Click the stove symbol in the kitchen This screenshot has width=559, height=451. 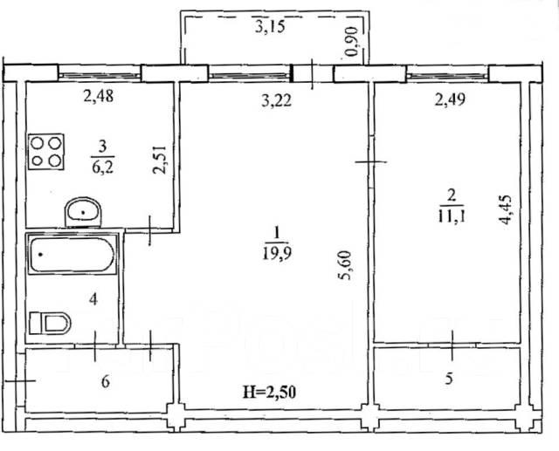(46, 152)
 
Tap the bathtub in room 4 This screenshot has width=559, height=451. (72, 255)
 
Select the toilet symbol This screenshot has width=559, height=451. (50, 324)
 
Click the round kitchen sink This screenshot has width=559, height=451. (84, 213)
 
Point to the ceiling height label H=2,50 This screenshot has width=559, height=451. (270, 393)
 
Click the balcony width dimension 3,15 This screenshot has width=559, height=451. (270, 27)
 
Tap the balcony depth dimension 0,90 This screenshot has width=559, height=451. (352, 42)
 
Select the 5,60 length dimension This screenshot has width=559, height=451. (346, 265)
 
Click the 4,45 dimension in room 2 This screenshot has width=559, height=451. (506, 210)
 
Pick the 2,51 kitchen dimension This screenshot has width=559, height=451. (159, 159)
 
